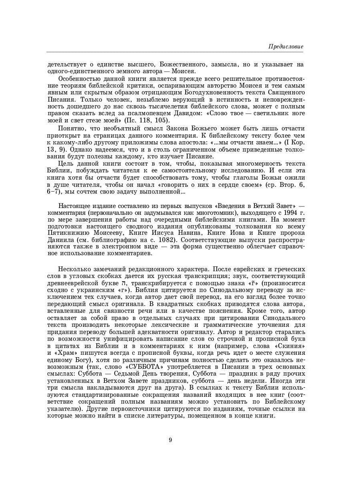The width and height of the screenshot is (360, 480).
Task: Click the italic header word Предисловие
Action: (x=285, y=47)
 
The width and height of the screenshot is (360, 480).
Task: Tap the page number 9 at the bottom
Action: (x=170, y=440)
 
